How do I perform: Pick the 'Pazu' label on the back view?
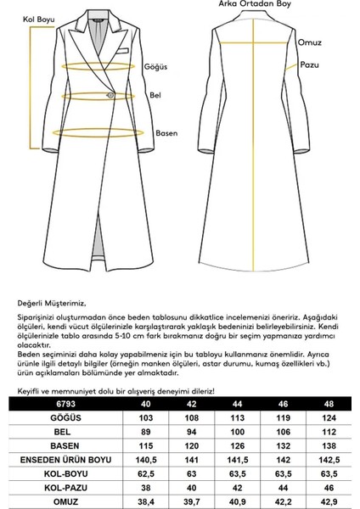tap(308, 64)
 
